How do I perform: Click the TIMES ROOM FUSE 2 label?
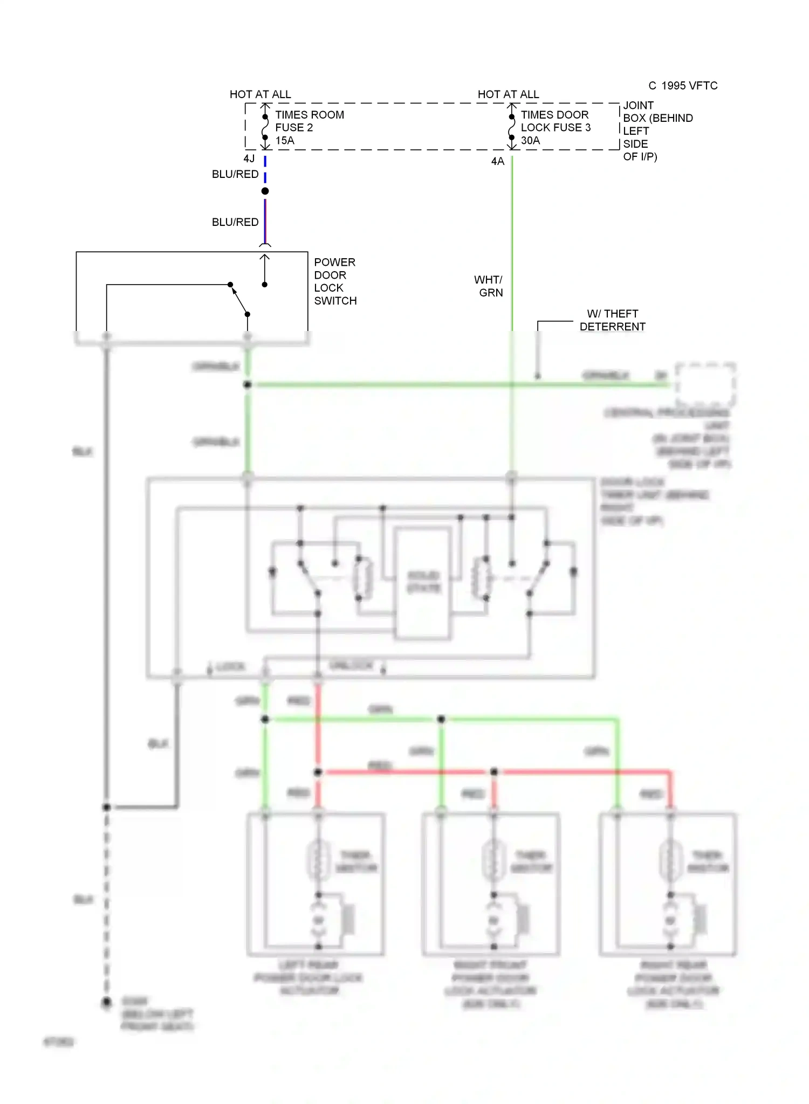pos(309,121)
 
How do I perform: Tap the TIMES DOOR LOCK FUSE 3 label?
pos(555,121)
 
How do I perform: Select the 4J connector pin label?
pos(249,158)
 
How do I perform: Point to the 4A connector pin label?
pos(497,161)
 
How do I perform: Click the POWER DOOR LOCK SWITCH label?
pos(334,281)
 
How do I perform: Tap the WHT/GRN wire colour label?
pos(489,286)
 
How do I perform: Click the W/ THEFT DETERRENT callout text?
pos(612,320)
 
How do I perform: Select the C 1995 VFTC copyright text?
pos(682,86)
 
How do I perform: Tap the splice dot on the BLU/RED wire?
pos(265,191)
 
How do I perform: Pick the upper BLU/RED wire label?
pos(235,174)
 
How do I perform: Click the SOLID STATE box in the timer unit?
pos(423,583)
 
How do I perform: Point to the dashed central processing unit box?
pos(705,384)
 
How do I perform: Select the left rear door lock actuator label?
pos(308,977)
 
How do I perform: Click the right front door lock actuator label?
pos(490,984)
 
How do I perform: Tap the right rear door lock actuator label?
pos(673,984)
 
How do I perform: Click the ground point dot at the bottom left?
pos(107,1002)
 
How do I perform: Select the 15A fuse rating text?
pos(285,141)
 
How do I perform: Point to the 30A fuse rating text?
pos(530,141)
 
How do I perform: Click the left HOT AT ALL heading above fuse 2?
pos(260,94)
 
